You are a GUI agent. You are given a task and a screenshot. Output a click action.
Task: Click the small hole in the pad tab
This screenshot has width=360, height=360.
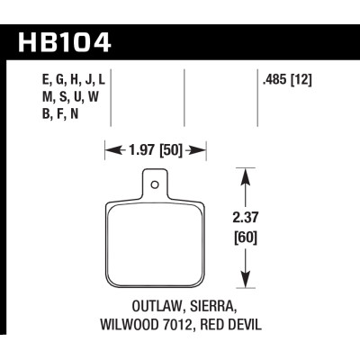tap(157, 187)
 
